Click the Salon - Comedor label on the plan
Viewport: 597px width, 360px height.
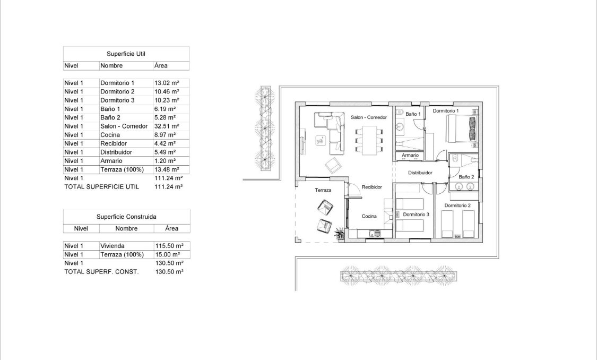tap(369, 117)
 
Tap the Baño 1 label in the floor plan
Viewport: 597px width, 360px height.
tap(413, 114)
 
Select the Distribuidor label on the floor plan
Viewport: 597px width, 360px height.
tap(420, 173)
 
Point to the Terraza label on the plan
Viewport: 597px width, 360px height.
tap(323, 190)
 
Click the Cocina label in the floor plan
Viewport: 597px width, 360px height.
tap(369, 216)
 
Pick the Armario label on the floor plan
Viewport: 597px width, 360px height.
tap(410, 155)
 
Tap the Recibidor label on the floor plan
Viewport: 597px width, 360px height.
tap(372, 187)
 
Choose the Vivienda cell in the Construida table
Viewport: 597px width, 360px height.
tap(113, 246)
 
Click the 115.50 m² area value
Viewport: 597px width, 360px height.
tap(169, 246)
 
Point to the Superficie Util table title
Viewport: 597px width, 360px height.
tap(126, 54)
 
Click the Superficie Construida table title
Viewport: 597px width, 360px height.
tap(126, 217)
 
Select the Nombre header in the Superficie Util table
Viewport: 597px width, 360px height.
tap(111, 66)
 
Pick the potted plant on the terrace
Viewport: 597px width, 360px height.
tap(338, 232)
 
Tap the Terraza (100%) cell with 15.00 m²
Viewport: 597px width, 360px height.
tap(122, 254)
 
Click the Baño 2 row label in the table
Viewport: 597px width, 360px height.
tap(110, 117)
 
